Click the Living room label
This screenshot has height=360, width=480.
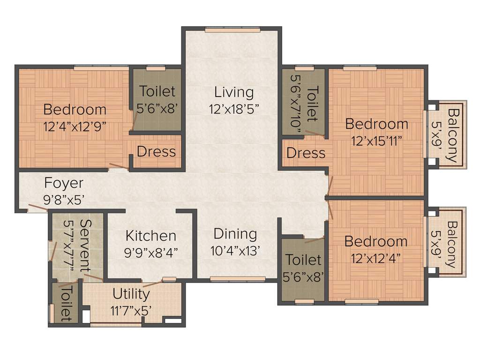click(234, 92)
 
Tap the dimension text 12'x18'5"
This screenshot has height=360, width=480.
click(234, 109)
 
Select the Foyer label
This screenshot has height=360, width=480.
click(64, 182)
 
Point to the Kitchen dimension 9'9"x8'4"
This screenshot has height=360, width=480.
click(151, 253)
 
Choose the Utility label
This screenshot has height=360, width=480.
click(131, 294)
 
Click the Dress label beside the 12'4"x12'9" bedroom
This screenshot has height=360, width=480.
click(157, 152)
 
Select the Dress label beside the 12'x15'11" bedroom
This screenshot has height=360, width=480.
click(306, 153)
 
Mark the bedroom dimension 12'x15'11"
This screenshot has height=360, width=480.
click(377, 141)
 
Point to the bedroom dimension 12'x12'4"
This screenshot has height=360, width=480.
click(376, 258)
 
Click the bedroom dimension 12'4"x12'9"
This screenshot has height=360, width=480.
click(75, 126)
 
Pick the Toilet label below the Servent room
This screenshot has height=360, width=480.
click(65, 304)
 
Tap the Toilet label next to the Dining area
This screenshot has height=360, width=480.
click(304, 260)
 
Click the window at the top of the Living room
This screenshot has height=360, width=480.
click(231, 30)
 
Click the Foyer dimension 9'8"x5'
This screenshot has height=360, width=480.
click(64, 199)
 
